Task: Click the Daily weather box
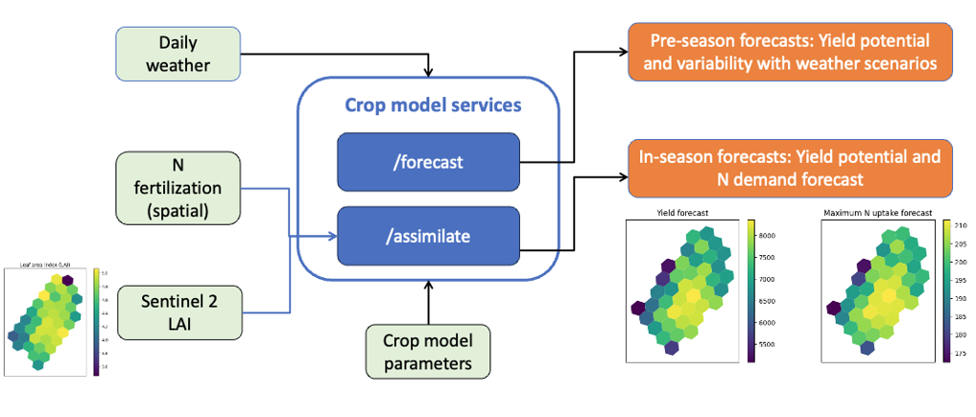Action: pos(178,54)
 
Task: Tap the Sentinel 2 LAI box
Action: pos(178,312)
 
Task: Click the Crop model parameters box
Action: pos(428,351)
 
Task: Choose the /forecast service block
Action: pos(427,162)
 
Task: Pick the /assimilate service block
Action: pos(427,235)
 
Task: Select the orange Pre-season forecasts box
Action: pos(791,54)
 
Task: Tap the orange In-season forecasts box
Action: pos(791,166)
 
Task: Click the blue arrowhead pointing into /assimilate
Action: pos(329,235)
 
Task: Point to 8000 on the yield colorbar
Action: pos(767,235)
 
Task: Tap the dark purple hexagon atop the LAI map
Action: pos(65,281)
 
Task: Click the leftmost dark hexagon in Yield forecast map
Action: pos(638,308)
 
